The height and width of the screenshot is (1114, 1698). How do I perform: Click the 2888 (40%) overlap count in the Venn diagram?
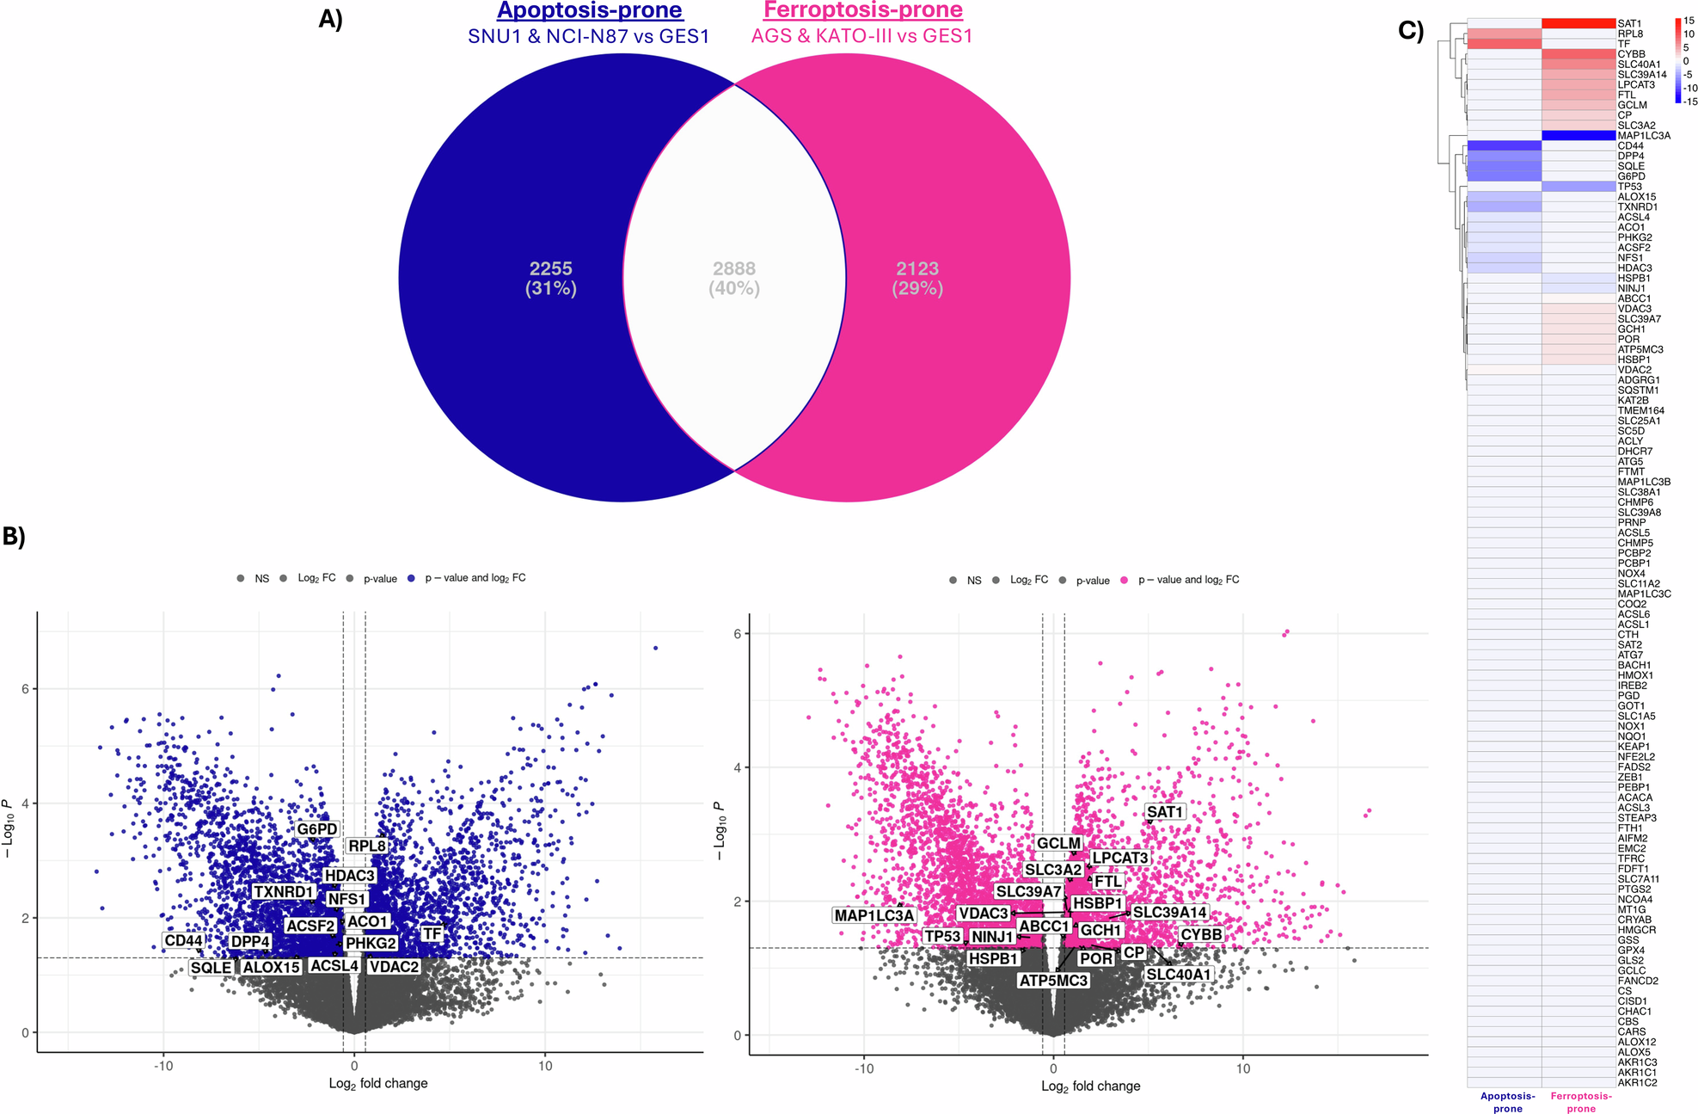733,278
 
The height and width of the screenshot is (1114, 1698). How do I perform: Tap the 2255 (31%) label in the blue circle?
551,278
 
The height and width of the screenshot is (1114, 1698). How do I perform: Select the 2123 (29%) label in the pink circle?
917,278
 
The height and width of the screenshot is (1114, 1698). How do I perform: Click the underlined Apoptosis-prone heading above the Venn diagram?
590,10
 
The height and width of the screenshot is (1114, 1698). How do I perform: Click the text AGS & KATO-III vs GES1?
861,36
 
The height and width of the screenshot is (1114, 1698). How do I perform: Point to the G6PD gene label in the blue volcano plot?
316,829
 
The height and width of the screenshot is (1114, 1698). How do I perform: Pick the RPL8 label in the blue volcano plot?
367,846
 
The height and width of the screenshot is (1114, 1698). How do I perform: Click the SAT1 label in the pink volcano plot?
1165,812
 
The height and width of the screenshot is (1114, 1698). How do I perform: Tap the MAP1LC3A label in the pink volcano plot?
874,915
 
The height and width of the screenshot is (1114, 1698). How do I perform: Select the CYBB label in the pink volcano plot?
1201,934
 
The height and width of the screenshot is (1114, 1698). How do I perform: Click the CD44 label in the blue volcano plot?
183,940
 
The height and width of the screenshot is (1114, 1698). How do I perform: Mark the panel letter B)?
14,536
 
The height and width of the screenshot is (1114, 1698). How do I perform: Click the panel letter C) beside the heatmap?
1411,31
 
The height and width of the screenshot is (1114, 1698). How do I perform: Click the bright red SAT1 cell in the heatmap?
1578,23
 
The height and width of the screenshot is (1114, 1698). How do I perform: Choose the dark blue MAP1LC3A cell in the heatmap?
1578,135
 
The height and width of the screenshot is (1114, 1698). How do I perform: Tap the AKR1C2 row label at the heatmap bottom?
1637,1082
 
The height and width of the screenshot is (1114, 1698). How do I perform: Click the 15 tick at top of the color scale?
1689,21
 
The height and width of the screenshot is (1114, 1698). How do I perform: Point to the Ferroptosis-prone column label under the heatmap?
1580,1102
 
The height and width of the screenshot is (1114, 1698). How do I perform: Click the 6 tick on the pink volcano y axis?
738,634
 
